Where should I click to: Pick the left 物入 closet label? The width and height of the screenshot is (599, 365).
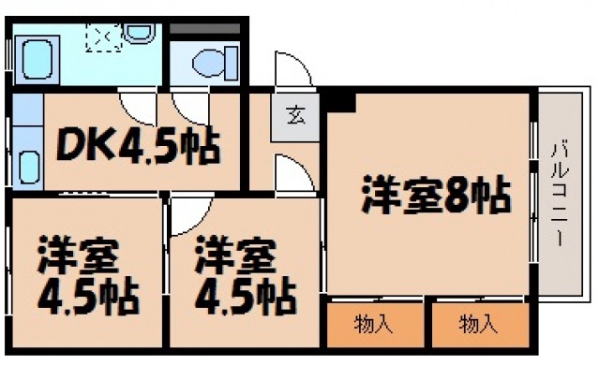(x=372, y=325)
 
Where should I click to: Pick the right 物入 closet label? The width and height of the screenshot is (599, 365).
(x=477, y=325)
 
